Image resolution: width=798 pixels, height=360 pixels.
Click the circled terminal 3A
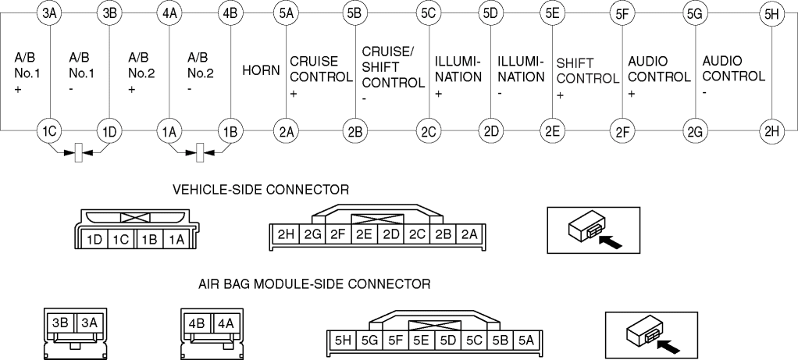tap(49, 12)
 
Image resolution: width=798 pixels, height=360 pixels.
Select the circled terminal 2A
tap(286, 130)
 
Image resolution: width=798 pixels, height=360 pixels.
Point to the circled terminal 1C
tap(49, 130)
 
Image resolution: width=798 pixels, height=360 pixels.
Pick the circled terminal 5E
tap(553, 12)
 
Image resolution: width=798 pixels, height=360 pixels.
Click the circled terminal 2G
tap(695, 130)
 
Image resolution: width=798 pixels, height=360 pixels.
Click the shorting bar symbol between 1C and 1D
tap(79, 151)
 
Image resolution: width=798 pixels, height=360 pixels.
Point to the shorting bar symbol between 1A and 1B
tap(201, 151)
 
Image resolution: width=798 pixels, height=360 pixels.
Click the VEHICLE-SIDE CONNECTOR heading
tap(260, 188)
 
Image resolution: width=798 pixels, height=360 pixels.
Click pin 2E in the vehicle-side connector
tap(364, 233)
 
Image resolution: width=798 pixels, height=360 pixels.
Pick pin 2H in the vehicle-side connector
tap(283, 233)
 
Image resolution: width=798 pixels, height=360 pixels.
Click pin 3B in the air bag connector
tap(59, 321)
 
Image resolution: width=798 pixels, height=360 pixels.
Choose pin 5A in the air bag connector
tap(526, 340)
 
